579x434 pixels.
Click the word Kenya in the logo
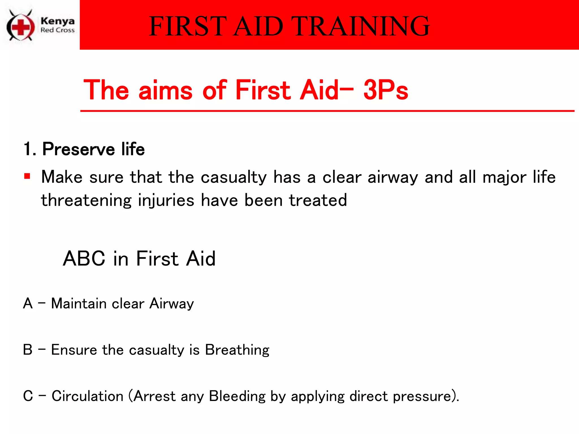[57, 21]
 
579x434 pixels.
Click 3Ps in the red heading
[386, 90]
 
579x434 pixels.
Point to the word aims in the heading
[165, 90]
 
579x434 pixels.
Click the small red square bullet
[27, 177]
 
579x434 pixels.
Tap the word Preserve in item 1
[79, 149]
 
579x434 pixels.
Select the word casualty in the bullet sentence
[234, 177]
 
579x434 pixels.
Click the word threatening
[86, 201]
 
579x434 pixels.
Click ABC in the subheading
[84, 259]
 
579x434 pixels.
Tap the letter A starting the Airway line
[28, 303]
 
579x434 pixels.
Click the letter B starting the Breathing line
[28, 350]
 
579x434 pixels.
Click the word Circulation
[87, 396]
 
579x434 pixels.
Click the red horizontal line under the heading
[327, 111]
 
